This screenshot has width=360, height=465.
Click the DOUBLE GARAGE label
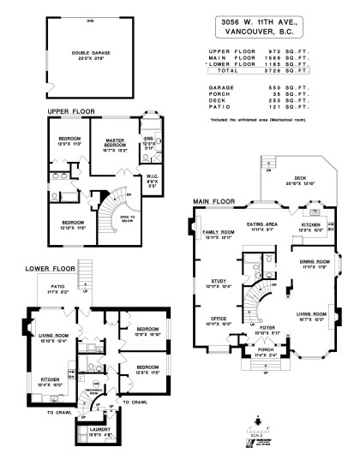[x=86, y=53]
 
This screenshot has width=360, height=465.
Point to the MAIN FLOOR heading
[x=214, y=200]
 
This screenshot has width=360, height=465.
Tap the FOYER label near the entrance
[x=269, y=325]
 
